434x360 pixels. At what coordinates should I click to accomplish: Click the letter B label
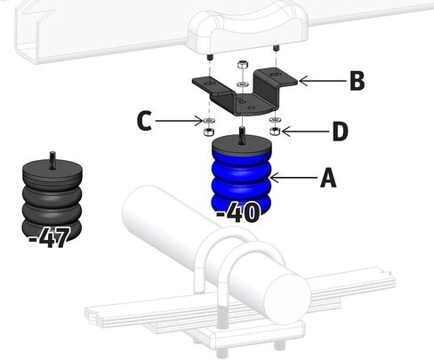(358, 81)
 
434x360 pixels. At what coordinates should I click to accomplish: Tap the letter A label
(328, 178)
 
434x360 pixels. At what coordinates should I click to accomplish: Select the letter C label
(144, 121)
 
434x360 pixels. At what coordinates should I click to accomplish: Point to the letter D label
(340, 131)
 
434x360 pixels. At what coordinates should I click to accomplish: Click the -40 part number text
(238, 212)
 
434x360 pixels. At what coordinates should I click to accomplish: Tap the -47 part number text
(50, 237)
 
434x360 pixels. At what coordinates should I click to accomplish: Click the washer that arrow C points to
(210, 121)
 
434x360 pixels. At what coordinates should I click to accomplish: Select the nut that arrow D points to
(276, 131)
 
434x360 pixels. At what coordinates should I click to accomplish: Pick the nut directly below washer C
(210, 132)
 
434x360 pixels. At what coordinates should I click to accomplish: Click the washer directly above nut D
(276, 119)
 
